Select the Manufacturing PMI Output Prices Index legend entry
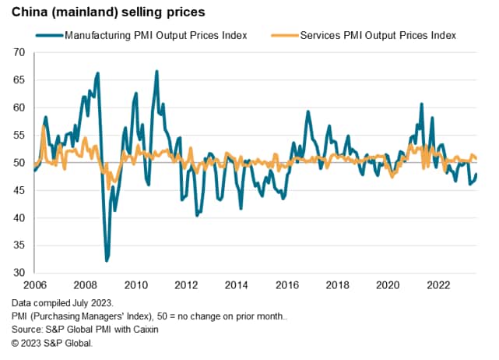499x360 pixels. [156, 36]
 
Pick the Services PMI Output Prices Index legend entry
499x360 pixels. [378, 36]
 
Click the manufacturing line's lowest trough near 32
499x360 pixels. [107, 260]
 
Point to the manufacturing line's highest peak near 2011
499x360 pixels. [156, 72]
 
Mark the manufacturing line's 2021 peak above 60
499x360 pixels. [421, 104]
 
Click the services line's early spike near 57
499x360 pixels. [44, 126]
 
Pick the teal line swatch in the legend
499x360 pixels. [48, 36]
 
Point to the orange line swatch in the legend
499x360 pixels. [284, 36]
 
